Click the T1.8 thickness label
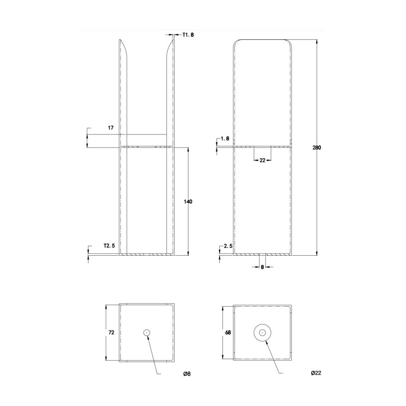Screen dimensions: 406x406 (188, 34)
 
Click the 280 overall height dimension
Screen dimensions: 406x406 (317, 148)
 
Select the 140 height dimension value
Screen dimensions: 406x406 (188, 202)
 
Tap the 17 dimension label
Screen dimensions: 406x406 (111, 128)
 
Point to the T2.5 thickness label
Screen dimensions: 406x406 (110, 246)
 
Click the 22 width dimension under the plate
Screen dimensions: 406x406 (262, 160)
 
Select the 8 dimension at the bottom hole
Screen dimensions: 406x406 (262, 267)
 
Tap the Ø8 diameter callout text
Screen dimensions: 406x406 (186, 374)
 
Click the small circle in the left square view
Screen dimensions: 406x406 (147, 332)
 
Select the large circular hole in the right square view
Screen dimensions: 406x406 (262, 332)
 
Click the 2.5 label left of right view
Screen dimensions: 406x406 (228, 246)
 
